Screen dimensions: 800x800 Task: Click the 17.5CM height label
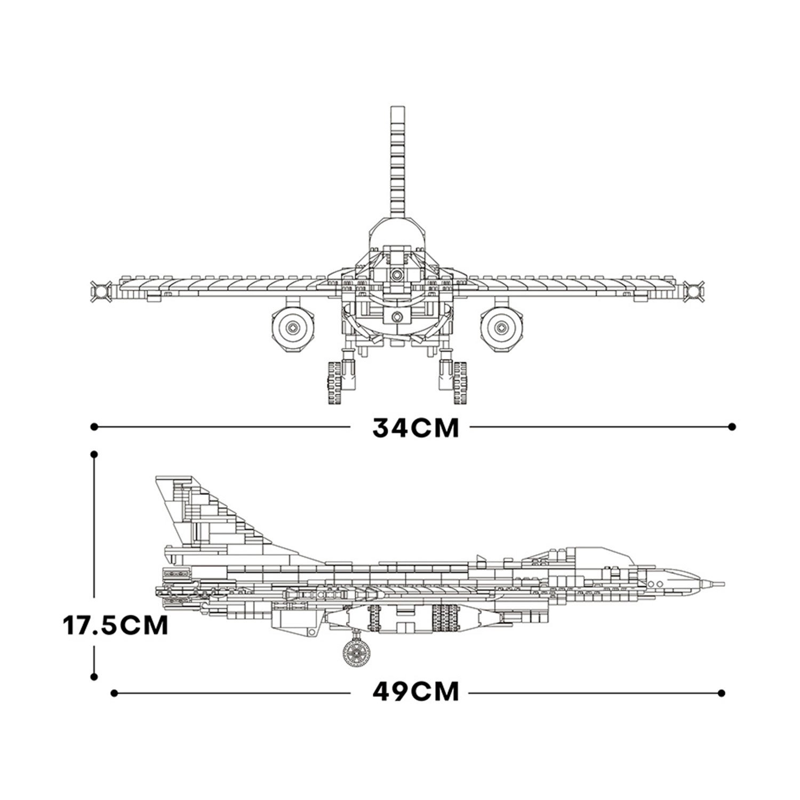click(x=116, y=625)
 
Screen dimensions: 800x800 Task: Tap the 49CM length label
click(x=415, y=692)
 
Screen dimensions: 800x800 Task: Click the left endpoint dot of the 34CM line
click(x=94, y=427)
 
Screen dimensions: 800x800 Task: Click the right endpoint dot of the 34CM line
click(x=732, y=427)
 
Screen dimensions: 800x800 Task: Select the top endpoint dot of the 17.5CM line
click(x=94, y=454)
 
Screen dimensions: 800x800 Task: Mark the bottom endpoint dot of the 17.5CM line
click(x=94, y=676)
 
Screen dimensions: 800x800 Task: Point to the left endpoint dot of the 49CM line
click(x=114, y=692)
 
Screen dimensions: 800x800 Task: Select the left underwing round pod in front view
click(x=292, y=326)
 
